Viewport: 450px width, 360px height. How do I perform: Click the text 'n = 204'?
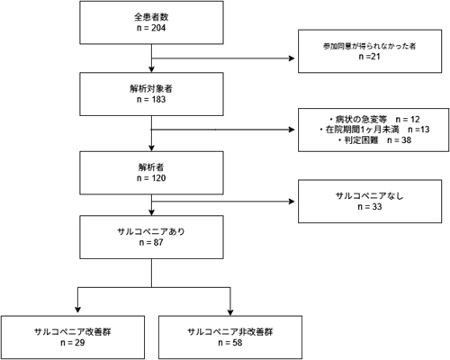click(x=151, y=28)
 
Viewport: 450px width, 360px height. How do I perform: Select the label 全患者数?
click(x=151, y=17)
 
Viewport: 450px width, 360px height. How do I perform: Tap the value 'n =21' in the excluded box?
click(x=370, y=57)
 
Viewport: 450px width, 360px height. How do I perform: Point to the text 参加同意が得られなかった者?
click(x=370, y=46)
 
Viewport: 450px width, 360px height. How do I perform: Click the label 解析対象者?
click(x=151, y=88)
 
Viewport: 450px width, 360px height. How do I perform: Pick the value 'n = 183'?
click(x=151, y=99)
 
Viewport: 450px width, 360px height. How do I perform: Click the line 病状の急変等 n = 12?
click(x=374, y=120)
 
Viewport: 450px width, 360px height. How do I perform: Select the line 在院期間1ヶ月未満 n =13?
click(x=374, y=130)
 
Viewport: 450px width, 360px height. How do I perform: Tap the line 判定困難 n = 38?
click(x=374, y=140)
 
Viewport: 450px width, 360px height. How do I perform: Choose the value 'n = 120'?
click(x=151, y=178)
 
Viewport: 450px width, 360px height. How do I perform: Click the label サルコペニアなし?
click(x=370, y=196)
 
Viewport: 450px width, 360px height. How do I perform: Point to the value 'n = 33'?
click(x=370, y=207)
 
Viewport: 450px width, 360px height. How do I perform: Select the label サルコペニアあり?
click(x=151, y=231)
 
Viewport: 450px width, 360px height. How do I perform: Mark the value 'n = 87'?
click(x=151, y=242)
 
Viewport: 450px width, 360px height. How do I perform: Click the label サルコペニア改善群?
click(x=73, y=332)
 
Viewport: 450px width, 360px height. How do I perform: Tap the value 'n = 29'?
click(x=73, y=343)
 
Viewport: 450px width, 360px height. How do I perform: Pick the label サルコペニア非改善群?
click(x=230, y=332)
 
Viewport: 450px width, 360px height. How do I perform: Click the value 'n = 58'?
click(x=230, y=343)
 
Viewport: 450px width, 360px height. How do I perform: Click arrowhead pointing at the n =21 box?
click(x=292, y=58)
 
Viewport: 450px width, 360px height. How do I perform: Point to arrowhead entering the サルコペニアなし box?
click(x=292, y=202)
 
